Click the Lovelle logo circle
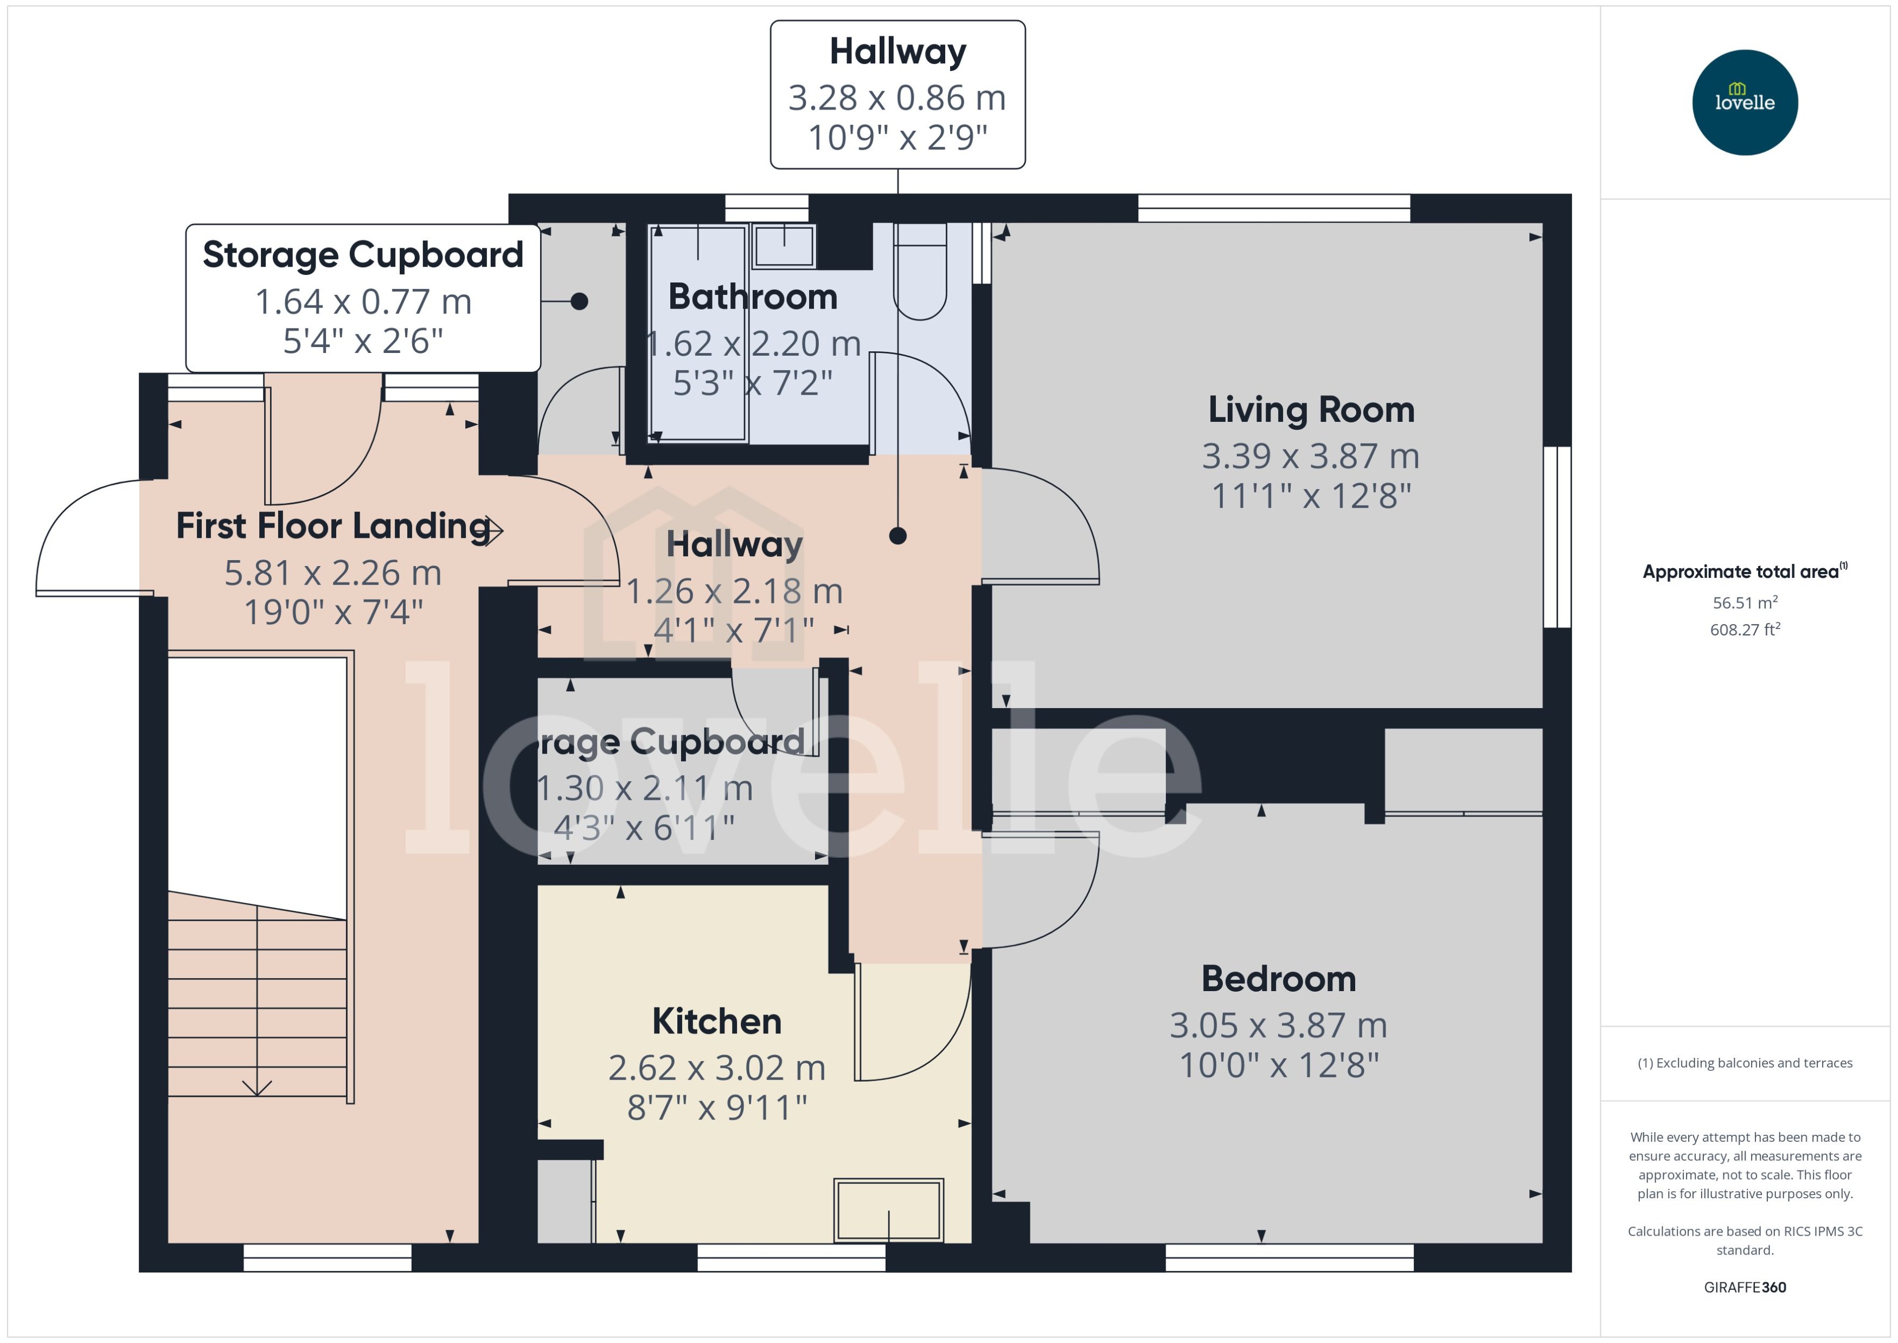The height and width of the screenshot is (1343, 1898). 1744,102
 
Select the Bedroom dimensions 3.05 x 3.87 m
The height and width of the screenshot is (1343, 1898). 1278,1025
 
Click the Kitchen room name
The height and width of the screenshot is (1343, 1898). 717,1021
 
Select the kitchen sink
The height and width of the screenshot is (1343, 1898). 888,1210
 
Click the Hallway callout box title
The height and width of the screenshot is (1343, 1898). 897,52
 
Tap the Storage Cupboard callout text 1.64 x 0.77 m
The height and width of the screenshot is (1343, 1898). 363,302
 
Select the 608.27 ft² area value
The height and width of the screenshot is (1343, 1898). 1744,630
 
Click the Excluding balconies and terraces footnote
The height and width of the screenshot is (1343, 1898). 1744,1063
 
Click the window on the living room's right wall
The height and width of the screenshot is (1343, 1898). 1556,537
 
